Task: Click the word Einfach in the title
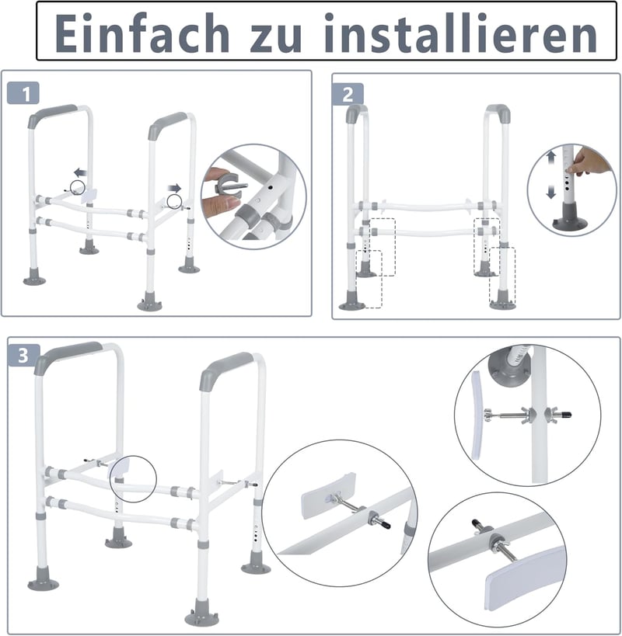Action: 142,33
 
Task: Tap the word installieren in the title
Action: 460,33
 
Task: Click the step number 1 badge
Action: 23,93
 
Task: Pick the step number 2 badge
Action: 348,95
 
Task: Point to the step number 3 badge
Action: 23,356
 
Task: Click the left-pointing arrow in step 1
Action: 80,172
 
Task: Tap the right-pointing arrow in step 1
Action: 175,188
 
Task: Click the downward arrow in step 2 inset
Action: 551,192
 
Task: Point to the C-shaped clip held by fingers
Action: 228,188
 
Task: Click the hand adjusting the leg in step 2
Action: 590,162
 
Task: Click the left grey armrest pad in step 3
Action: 67,356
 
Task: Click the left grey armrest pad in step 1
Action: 52,115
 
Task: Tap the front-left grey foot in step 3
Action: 43,578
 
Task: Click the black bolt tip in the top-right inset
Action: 565,415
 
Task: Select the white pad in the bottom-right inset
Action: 526,578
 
